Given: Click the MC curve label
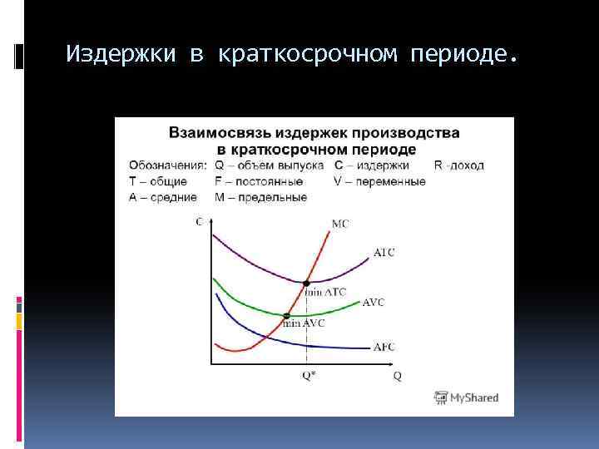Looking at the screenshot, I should click(339, 224).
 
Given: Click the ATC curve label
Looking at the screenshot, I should click(384, 253).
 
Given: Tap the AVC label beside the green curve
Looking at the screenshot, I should click(374, 303).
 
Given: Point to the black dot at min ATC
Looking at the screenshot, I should click(306, 283).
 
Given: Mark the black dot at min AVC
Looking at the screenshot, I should click(286, 315).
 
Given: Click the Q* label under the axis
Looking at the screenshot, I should click(307, 375).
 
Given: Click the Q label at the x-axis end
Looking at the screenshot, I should click(398, 376).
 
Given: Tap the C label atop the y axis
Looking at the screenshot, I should click(198, 221).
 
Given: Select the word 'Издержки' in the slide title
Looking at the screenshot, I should click(121, 55).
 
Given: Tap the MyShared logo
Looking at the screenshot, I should click(466, 397).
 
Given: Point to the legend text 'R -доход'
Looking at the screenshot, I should click(458, 165).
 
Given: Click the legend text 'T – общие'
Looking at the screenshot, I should click(158, 181).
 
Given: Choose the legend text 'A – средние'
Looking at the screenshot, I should click(163, 197).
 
